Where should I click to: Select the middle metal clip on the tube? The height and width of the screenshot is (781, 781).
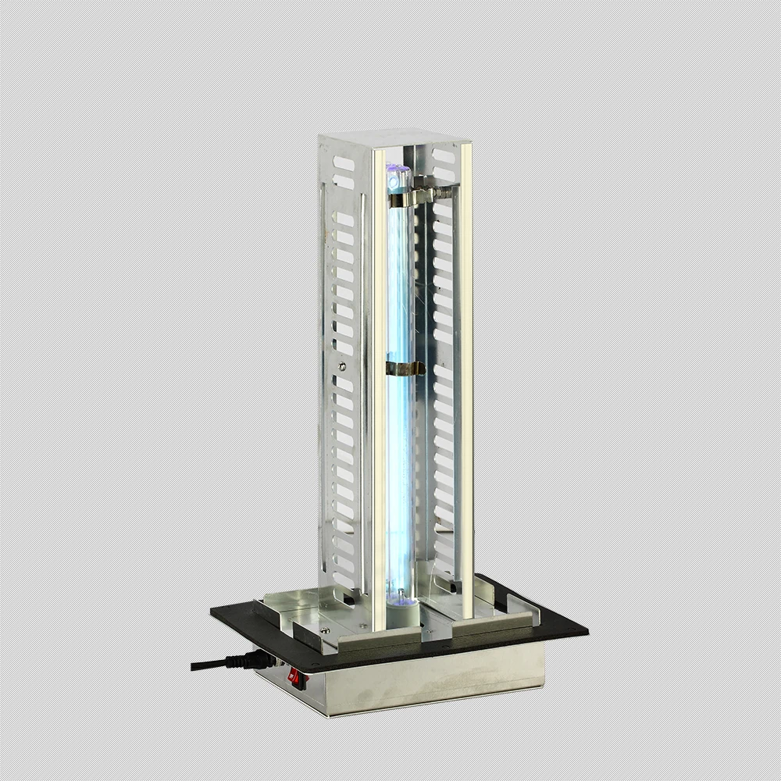[405, 367]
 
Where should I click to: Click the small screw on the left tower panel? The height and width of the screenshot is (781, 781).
[341, 365]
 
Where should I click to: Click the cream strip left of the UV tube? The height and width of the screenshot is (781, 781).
[379, 390]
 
